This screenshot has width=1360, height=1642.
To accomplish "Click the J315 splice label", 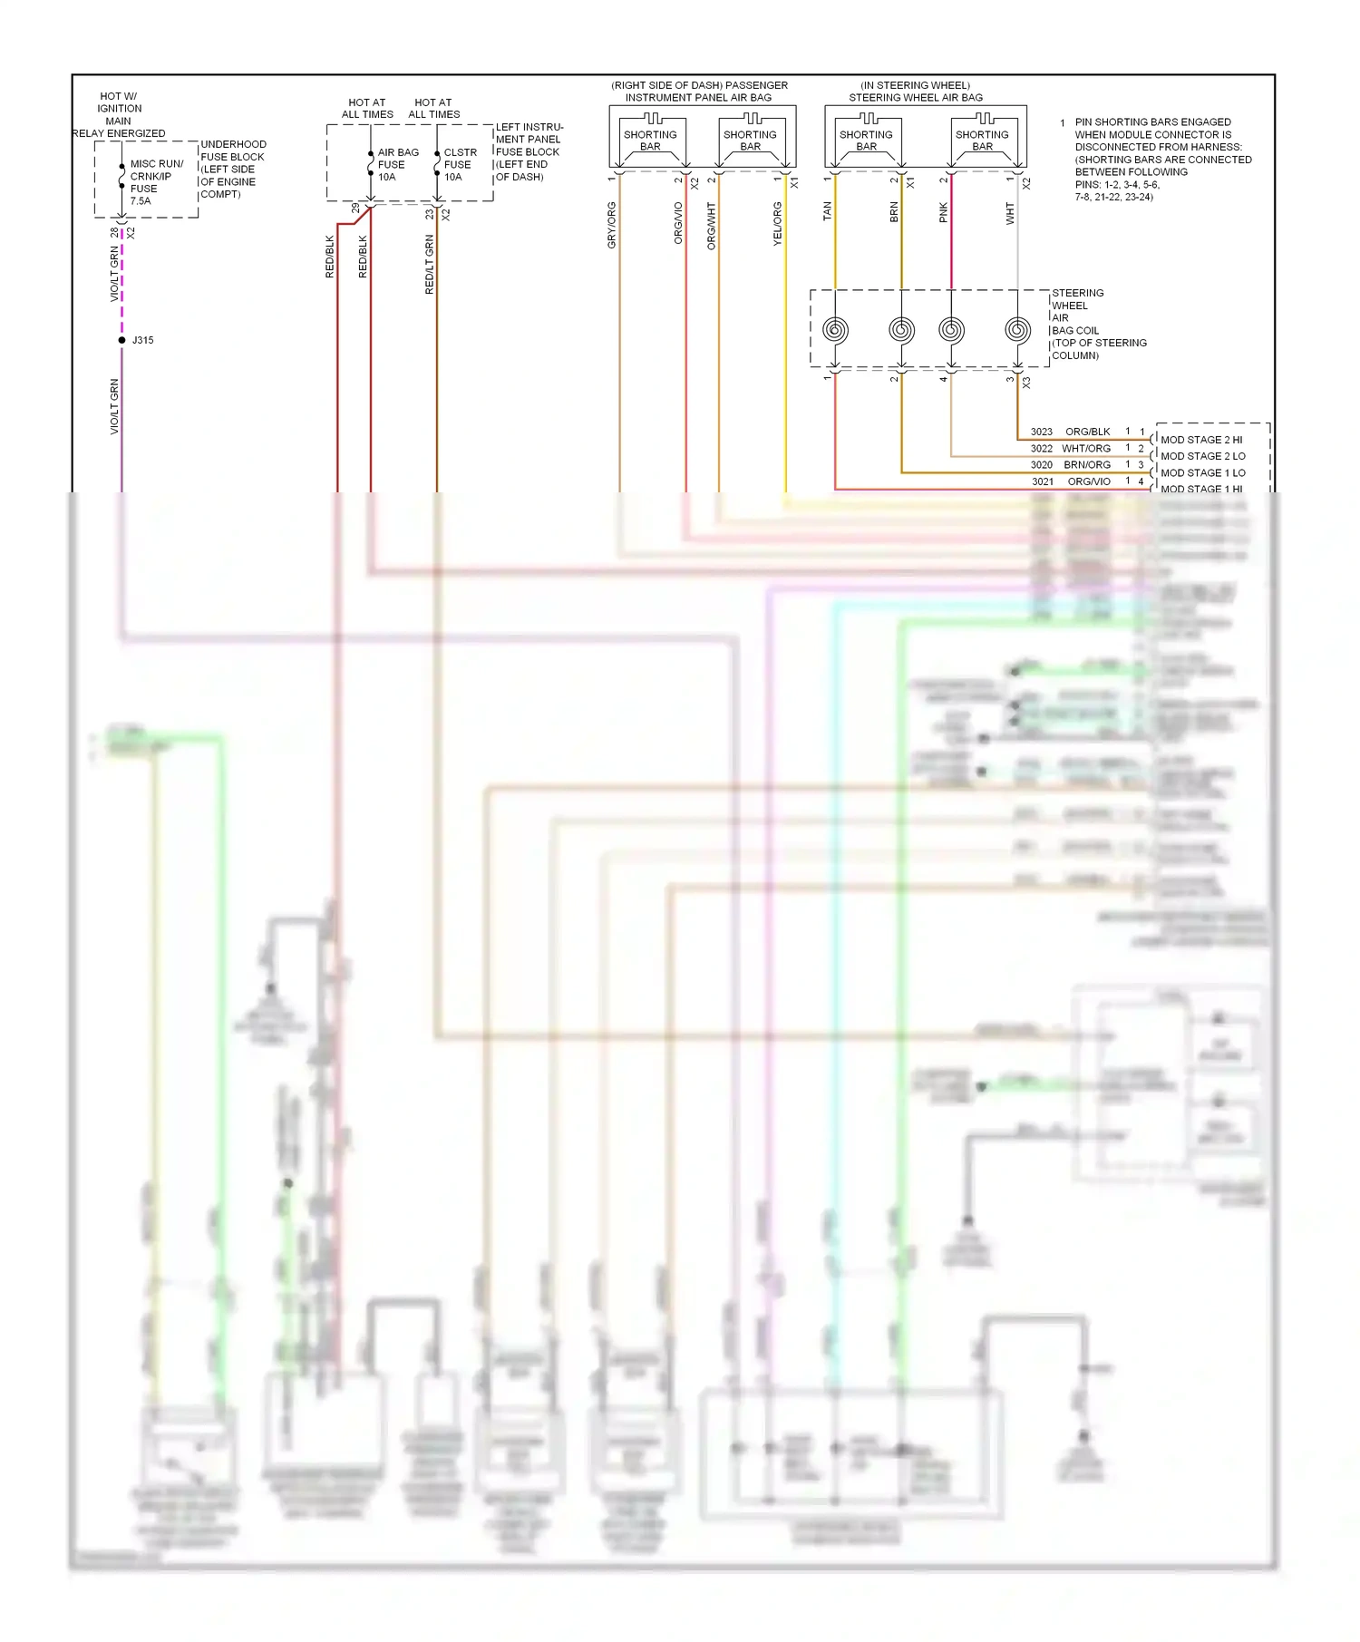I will click(x=142, y=340).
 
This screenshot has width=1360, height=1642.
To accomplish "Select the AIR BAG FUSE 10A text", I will click(x=397, y=165).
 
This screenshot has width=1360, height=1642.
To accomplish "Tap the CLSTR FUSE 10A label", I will click(x=460, y=165).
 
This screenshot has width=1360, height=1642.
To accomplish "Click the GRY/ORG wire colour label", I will click(x=612, y=225).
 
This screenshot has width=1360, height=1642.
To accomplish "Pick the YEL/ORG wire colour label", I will click(x=777, y=224).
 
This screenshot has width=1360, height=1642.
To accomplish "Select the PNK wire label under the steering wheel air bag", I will click(x=944, y=212).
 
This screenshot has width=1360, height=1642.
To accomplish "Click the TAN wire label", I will click(x=827, y=211).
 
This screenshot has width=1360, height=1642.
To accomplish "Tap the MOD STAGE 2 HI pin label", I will click(x=1201, y=440).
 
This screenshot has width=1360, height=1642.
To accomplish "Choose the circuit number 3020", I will click(x=1041, y=464).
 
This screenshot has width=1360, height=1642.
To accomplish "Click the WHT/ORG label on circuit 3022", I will click(x=1086, y=448).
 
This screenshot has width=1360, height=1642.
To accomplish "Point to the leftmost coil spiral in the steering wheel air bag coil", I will click(x=835, y=329).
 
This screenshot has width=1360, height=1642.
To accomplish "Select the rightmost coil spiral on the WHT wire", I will click(x=1017, y=329).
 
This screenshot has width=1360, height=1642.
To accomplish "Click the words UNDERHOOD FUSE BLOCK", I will click(x=232, y=151).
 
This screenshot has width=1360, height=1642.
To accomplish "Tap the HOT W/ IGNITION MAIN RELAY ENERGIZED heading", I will click(x=119, y=114).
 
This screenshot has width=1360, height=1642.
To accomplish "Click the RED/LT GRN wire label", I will click(x=430, y=264).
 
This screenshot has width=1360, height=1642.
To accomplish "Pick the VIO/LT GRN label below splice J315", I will click(x=114, y=406).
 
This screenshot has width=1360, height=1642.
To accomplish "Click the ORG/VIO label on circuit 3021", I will click(x=1088, y=481).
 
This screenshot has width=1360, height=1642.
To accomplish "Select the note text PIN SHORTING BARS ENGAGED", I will click(x=1152, y=121).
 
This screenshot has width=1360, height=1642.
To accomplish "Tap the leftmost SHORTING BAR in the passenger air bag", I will click(x=650, y=140).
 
